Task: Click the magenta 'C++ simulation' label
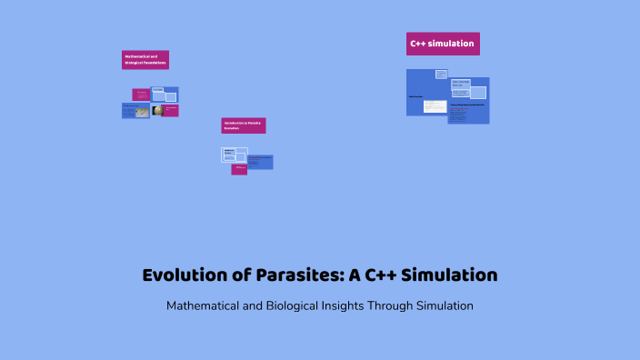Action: (x=443, y=44)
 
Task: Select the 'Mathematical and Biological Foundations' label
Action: (x=145, y=60)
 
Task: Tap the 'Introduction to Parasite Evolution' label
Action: (x=244, y=125)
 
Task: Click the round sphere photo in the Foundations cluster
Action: (x=157, y=111)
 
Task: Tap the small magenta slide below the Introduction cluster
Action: (x=239, y=168)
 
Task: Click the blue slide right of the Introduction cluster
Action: (x=260, y=161)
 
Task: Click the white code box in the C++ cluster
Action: (x=435, y=105)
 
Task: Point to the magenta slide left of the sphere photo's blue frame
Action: (x=141, y=95)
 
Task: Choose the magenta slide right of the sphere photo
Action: (x=171, y=110)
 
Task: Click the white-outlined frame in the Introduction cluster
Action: (x=235, y=155)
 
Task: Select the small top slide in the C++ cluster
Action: (x=441, y=74)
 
